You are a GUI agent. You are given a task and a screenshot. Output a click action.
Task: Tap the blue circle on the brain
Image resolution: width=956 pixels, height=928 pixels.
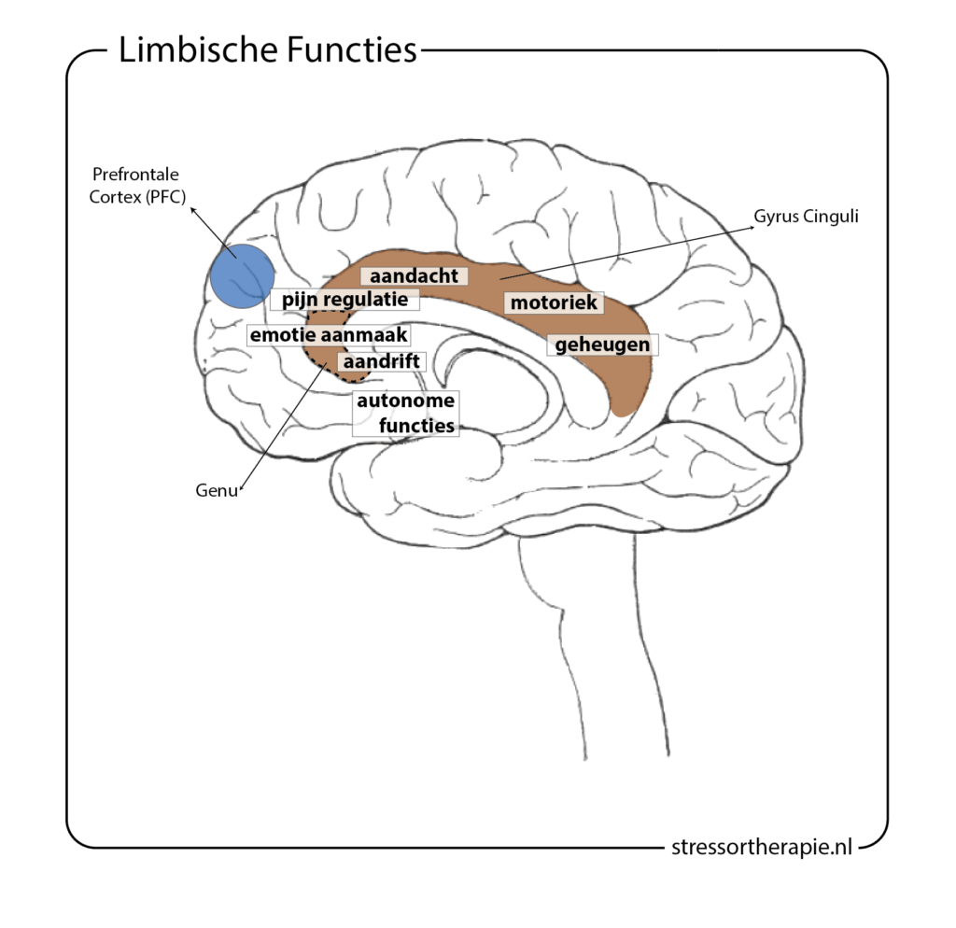click(x=241, y=275)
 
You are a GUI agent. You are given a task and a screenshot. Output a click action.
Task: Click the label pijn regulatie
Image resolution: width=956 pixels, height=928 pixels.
click(x=344, y=302)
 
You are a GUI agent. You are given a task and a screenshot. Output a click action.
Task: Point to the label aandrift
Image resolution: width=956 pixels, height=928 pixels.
click(x=384, y=360)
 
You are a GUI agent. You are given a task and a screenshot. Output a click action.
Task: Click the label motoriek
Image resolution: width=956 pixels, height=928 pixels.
click(x=554, y=302)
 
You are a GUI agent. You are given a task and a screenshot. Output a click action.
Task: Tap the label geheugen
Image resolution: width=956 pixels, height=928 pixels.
click(x=601, y=344)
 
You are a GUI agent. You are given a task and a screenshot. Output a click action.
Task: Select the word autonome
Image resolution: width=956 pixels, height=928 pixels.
click(x=405, y=401)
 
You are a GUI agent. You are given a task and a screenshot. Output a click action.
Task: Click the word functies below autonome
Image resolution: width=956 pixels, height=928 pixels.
click(x=416, y=426)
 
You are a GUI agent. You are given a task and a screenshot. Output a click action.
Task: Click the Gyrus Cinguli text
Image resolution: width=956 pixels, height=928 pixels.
click(x=805, y=216)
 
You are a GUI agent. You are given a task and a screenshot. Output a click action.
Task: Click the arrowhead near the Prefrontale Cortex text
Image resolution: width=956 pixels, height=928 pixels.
click(x=192, y=211)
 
